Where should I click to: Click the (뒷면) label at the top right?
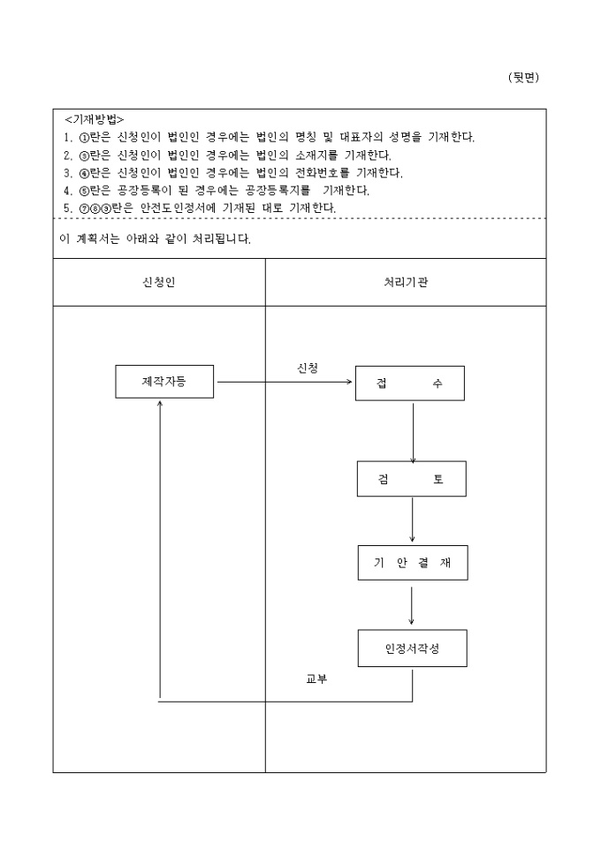tap(523, 78)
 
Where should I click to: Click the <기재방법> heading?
tap(95, 119)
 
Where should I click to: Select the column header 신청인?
tap(159, 283)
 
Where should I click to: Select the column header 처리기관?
tap(407, 283)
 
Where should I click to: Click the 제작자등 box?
tap(164, 382)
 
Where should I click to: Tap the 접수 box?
tap(409, 383)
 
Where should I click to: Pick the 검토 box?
tap(411, 479)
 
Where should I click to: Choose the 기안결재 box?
tap(412, 564)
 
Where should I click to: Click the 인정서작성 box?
tap(412, 648)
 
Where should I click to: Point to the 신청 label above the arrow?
tap(308, 367)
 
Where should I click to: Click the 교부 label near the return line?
tap(316, 679)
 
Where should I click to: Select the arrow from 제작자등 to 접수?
tap(283, 383)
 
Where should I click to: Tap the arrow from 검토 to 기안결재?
tap(412, 520)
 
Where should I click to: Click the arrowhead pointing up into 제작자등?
tap(160, 404)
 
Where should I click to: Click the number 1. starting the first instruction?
tap(68, 137)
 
